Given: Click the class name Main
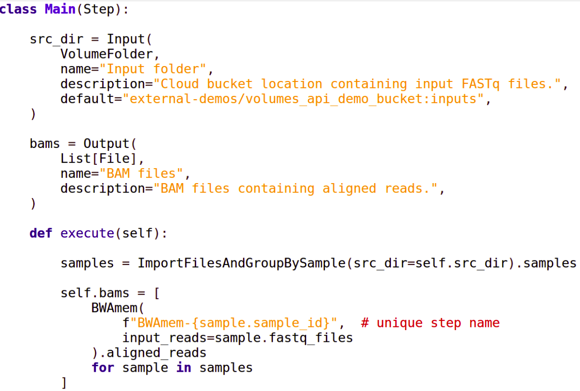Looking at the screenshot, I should pyautogui.click(x=60, y=9).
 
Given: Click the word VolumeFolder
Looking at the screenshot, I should pyautogui.click(x=106, y=54).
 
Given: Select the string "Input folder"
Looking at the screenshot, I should pyautogui.click(x=156, y=69).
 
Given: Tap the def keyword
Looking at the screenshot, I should pyautogui.click(x=41, y=233).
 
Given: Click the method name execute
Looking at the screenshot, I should pyautogui.click(x=87, y=233).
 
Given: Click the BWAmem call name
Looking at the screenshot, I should pyautogui.click(x=114, y=308).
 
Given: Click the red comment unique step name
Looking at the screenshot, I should pyautogui.click(x=430, y=323).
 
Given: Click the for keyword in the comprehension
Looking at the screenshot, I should pyautogui.click(x=103, y=368).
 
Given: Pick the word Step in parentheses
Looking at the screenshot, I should pyautogui.click(x=99, y=9).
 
